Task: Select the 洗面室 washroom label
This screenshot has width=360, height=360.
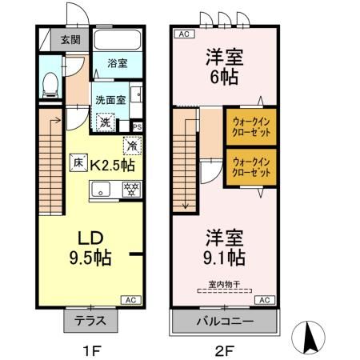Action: click(x=110, y=101)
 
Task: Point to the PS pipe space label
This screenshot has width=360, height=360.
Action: click(x=137, y=126)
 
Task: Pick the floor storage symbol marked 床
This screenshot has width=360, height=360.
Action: click(x=78, y=161)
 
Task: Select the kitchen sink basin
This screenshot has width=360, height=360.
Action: click(x=102, y=189)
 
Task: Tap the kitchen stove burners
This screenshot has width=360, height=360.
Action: click(x=130, y=189)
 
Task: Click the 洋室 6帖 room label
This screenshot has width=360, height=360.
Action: click(x=224, y=67)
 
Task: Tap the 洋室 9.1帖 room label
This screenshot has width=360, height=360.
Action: click(x=224, y=247)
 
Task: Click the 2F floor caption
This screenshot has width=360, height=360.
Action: click(x=225, y=349)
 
